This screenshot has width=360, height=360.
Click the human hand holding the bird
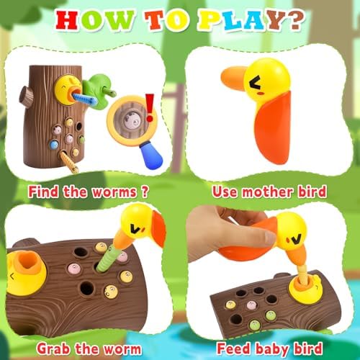pos(216,234)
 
